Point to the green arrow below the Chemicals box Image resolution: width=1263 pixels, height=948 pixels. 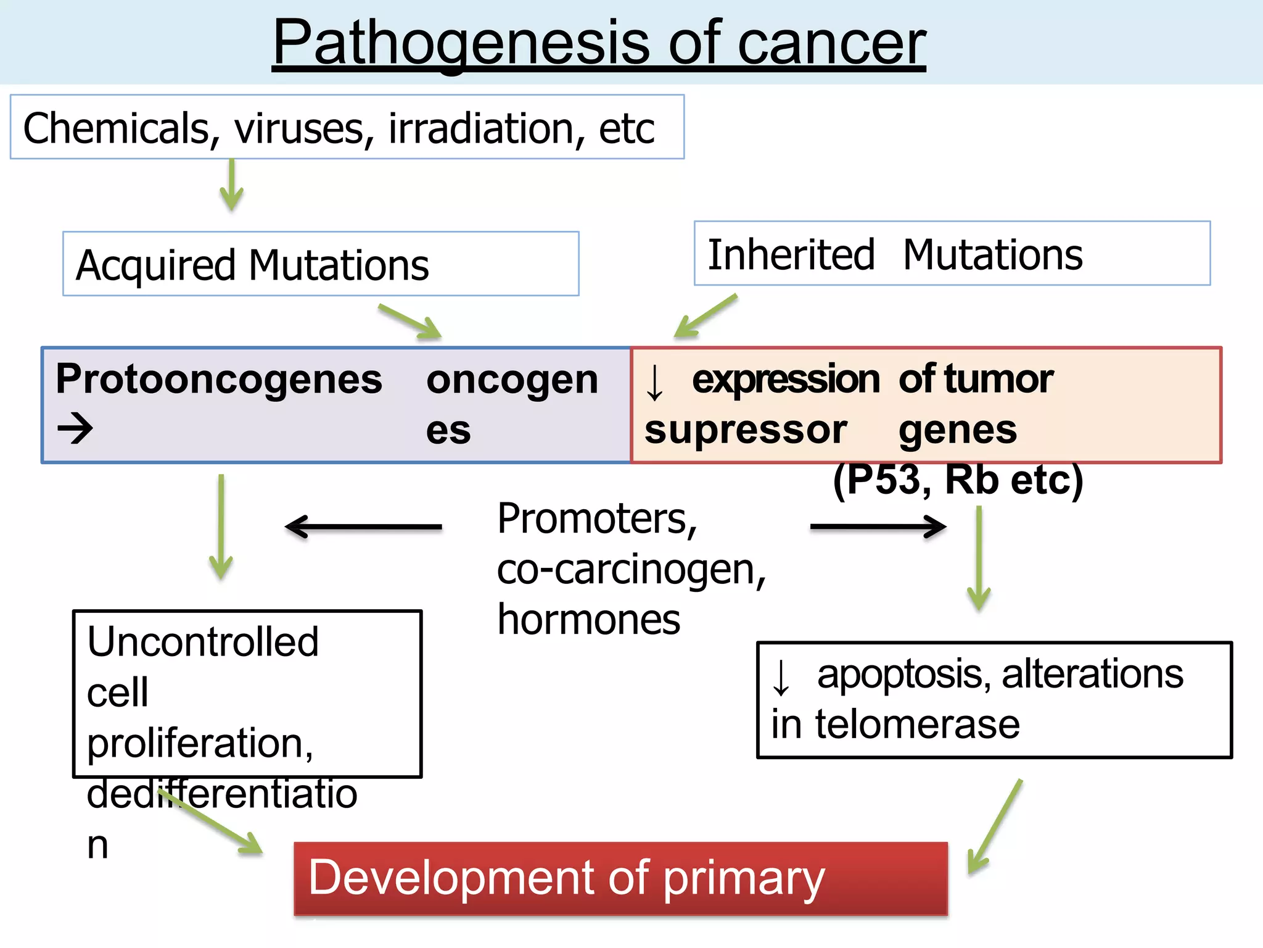pyautogui.click(x=231, y=185)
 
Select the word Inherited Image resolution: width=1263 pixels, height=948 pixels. pyautogui.click(x=791, y=255)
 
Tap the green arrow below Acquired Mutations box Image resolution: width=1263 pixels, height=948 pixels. pyautogui.click(x=411, y=322)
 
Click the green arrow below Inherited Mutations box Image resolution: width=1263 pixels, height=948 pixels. pyautogui.click(x=705, y=316)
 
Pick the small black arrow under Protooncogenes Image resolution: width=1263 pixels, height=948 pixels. pyautogui.click(x=75, y=428)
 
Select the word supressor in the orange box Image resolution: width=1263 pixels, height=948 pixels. pyautogui.click(x=746, y=430)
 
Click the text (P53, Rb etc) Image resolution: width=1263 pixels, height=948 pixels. pyautogui.click(x=958, y=480)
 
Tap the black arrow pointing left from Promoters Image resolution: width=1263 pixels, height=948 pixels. pyautogui.click(x=363, y=526)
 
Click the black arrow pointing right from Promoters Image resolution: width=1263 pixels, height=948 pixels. pyautogui.click(x=878, y=526)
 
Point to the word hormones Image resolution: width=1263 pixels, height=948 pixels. pyautogui.click(x=588, y=620)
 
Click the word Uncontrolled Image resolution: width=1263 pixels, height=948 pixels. pyautogui.click(x=203, y=642)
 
